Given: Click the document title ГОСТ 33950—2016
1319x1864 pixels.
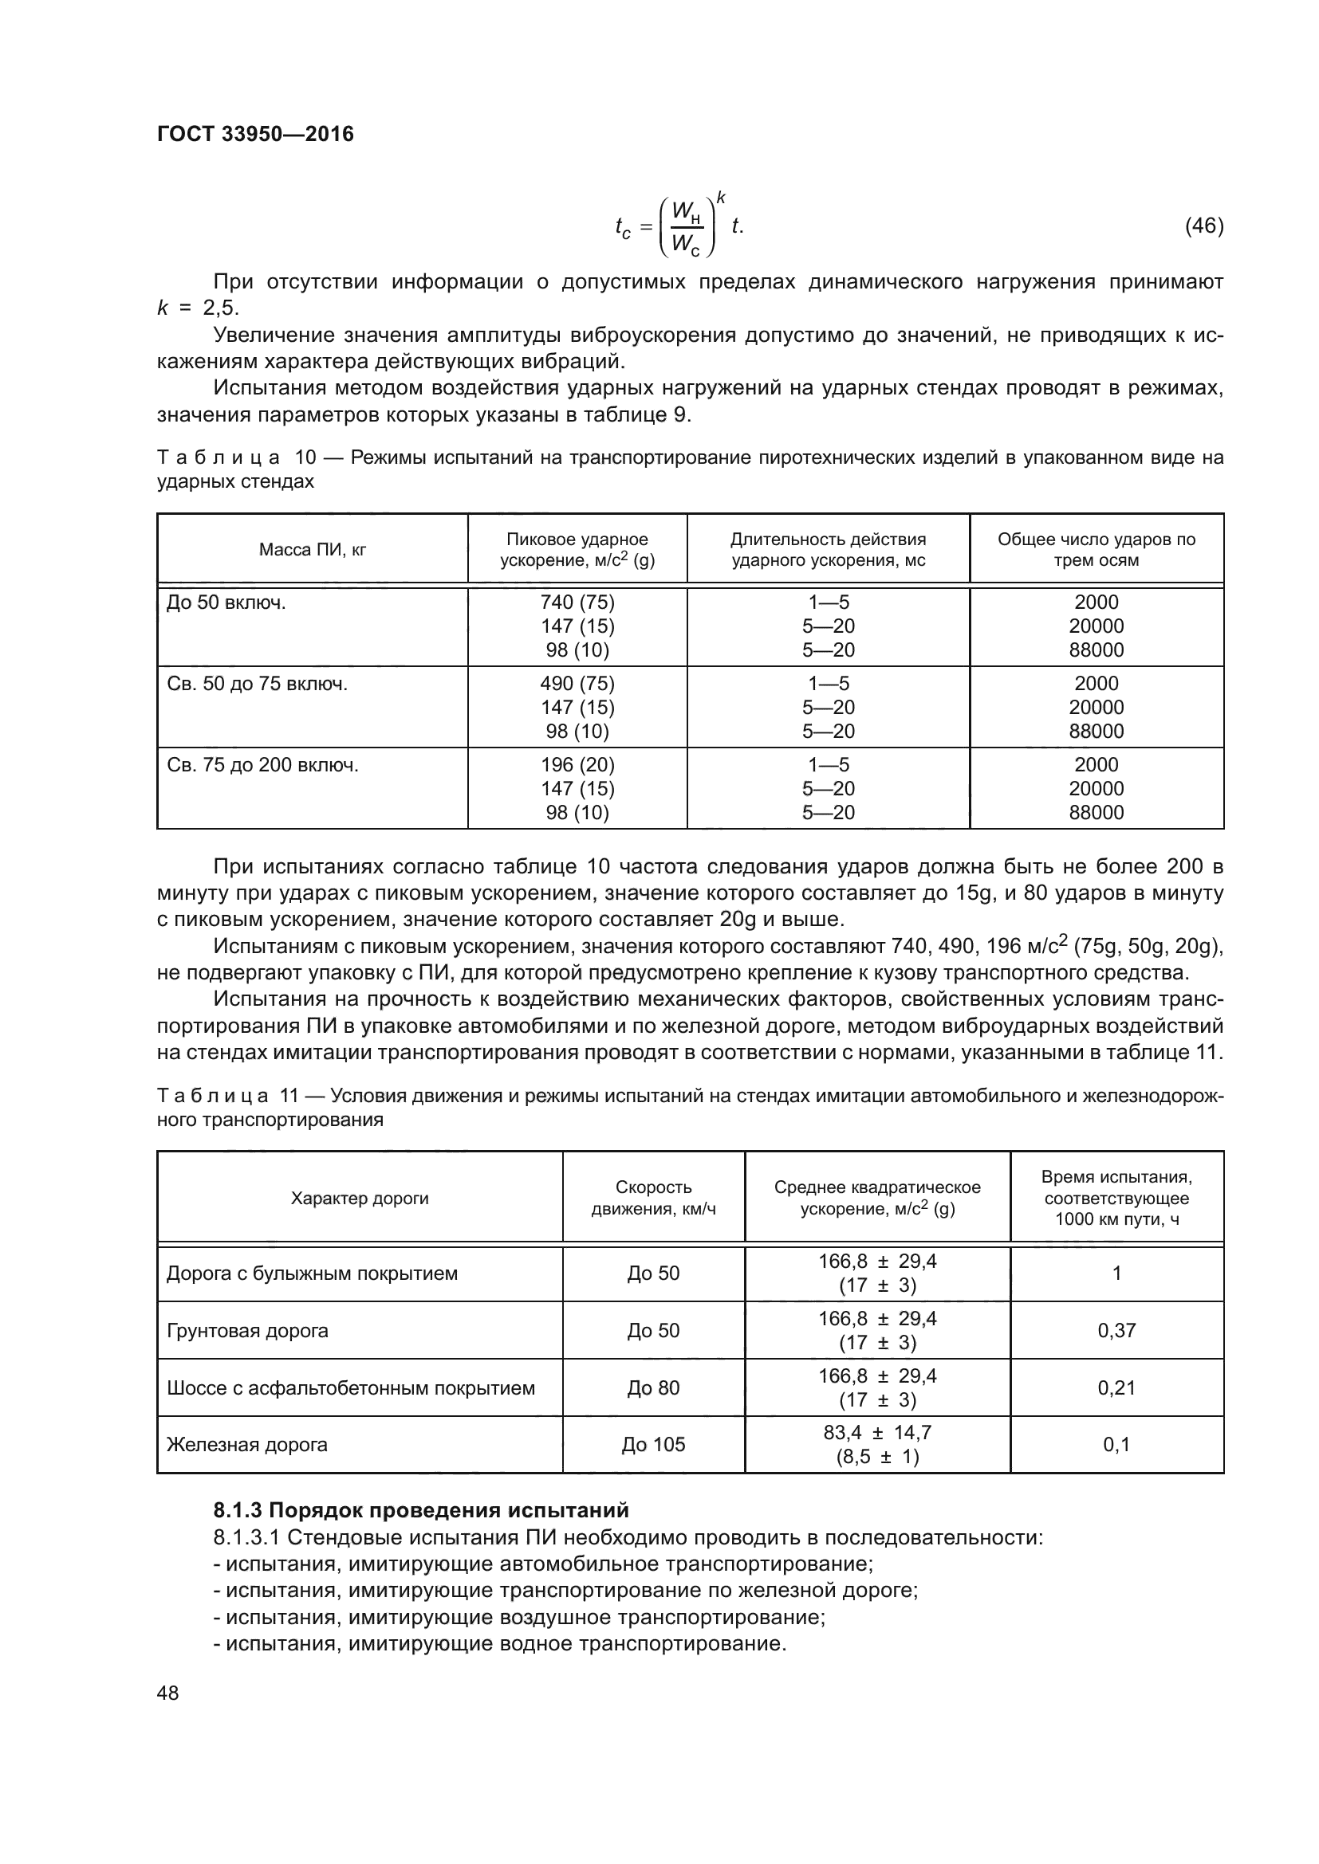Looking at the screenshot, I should [255, 134].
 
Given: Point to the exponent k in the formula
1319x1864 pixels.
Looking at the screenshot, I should [720, 198].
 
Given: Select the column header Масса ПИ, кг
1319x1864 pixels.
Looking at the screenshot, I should [313, 550].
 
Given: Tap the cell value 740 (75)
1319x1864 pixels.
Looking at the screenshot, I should [577, 602].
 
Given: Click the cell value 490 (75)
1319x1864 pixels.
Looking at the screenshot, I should [577, 684].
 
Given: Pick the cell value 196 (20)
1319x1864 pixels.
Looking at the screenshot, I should [577, 765].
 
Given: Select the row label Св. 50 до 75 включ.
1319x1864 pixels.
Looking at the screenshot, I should [257, 684].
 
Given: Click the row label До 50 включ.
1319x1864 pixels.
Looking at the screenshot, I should [226, 602].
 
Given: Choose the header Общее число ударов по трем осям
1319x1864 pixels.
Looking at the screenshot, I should [1097, 550].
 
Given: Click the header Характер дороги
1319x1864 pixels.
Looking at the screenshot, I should [360, 1199].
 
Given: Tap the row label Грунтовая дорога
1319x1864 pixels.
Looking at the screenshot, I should [247, 1331].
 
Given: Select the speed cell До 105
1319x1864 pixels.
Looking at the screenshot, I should [653, 1444].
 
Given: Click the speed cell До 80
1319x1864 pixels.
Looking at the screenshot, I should [653, 1387].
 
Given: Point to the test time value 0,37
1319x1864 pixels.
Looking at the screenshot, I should [1116, 1331].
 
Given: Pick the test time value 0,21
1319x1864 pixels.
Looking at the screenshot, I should [1116, 1387].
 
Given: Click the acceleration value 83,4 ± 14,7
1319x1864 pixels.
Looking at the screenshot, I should [877, 1433].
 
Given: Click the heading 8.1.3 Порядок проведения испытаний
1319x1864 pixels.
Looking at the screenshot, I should [421, 1511].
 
